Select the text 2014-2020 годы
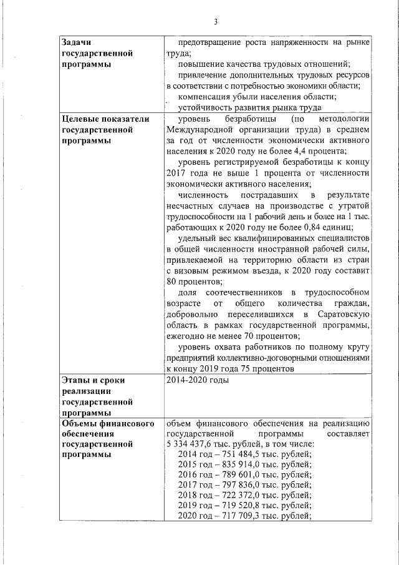click(198, 380)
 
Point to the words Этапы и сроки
click(95, 380)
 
